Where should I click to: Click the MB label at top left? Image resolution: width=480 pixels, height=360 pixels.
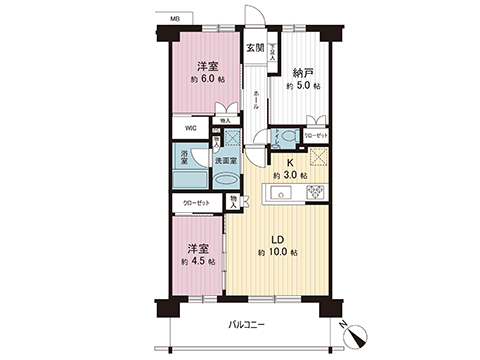175,19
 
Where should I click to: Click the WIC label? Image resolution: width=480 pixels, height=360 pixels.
190,128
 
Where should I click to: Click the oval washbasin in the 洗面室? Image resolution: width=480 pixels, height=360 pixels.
227,180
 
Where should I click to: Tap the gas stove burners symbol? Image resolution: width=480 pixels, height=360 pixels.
317,191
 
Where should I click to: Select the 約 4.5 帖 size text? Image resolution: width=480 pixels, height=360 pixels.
195,261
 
